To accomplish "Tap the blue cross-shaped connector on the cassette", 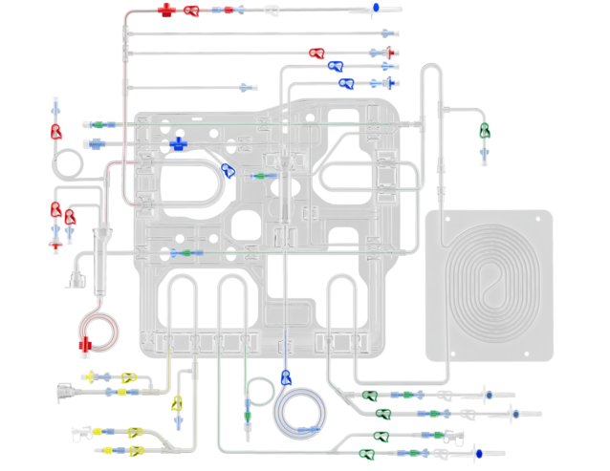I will click(178, 144).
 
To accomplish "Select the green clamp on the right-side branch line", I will click(485, 130).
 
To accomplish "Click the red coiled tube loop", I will click(99, 330).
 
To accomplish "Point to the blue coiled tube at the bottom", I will click(300, 412).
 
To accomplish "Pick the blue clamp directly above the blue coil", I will click(285, 376).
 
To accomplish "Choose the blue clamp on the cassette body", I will click(229, 171).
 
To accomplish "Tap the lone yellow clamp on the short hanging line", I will click(177, 403).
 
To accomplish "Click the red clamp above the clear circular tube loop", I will click(56, 132).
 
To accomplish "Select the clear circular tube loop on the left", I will click(69, 164).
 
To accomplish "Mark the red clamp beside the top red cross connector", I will click(192, 11).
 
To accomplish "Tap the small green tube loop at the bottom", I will click(258, 391).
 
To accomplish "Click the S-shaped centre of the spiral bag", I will click(490, 284).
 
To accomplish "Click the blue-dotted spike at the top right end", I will click(376, 8).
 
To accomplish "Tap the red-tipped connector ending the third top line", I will click(393, 52).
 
